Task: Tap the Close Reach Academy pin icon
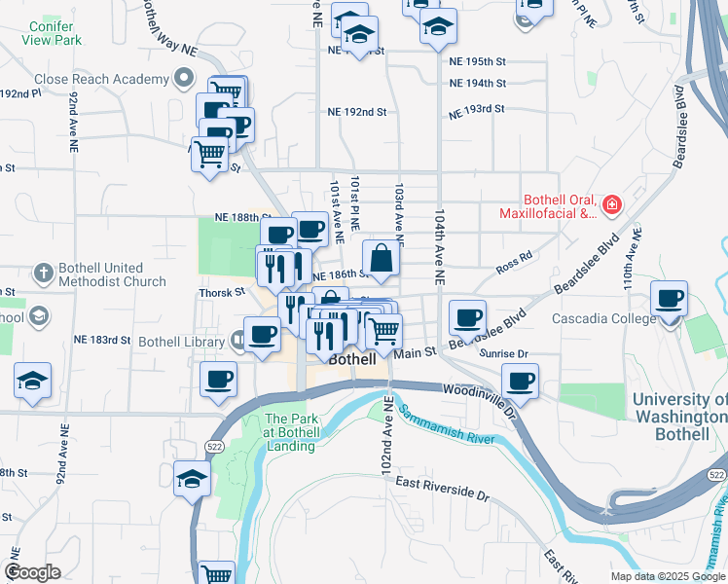click(182, 79)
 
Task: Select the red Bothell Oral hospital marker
click(611, 204)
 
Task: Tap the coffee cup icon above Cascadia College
click(669, 300)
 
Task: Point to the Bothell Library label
click(182, 342)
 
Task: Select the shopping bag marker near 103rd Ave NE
click(382, 259)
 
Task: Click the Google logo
click(32, 572)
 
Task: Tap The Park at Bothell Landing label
click(290, 433)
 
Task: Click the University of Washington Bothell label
click(677, 417)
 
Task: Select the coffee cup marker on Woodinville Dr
click(520, 382)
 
